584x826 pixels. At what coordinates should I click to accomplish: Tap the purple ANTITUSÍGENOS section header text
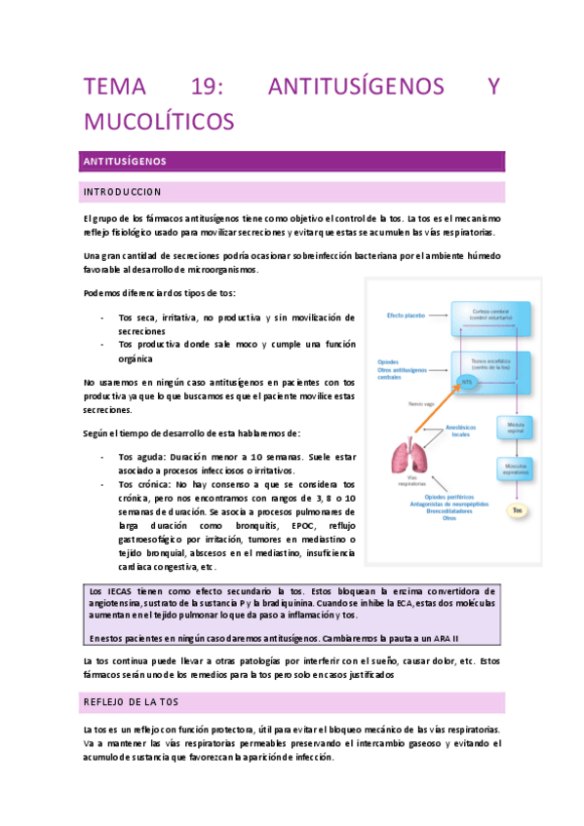[x=126, y=161]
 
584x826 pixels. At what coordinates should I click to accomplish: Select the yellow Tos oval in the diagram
[x=519, y=509]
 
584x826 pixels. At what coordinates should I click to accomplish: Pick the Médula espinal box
[x=518, y=426]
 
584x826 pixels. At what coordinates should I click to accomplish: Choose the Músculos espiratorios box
[x=518, y=469]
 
